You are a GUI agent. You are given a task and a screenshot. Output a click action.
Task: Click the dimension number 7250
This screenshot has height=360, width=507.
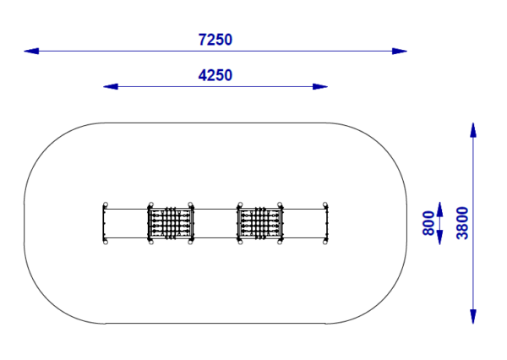(x=215, y=40)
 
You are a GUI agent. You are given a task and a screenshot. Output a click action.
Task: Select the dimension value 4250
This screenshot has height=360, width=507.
(x=215, y=75)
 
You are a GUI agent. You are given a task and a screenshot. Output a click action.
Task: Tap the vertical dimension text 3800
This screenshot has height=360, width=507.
(x=461, y=223)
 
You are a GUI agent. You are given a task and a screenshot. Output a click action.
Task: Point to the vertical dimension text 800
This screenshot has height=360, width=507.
(x=428, y=223)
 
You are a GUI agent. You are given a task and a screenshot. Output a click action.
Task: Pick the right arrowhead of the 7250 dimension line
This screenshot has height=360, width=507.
(x=400, y=52)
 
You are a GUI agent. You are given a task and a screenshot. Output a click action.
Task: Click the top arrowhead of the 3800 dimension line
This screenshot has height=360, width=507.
(x=473, y=129)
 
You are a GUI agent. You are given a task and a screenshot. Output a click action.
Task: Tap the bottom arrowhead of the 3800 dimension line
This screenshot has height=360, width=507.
(x=473, y=316)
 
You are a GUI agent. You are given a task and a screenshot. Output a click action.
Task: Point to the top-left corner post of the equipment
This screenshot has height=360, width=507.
(x=105, y=205)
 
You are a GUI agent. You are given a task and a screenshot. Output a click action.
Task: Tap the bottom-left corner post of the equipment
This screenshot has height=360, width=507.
(x=105, y=243)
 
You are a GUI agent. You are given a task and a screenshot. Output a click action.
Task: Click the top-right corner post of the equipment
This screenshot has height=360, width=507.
(x=325, y=205)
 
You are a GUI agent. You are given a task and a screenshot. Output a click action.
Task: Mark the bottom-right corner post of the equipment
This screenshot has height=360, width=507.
(x=325, y=243)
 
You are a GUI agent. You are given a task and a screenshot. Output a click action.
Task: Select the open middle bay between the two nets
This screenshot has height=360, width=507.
(x=215, y=224)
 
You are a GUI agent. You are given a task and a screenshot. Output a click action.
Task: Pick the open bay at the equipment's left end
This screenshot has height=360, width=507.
(x=127, y=224)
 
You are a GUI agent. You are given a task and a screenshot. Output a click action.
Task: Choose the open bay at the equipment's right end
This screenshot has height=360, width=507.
(x=303, y=224)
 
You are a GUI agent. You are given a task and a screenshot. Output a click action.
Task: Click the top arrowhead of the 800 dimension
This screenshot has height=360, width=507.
(x=439, y=209)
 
